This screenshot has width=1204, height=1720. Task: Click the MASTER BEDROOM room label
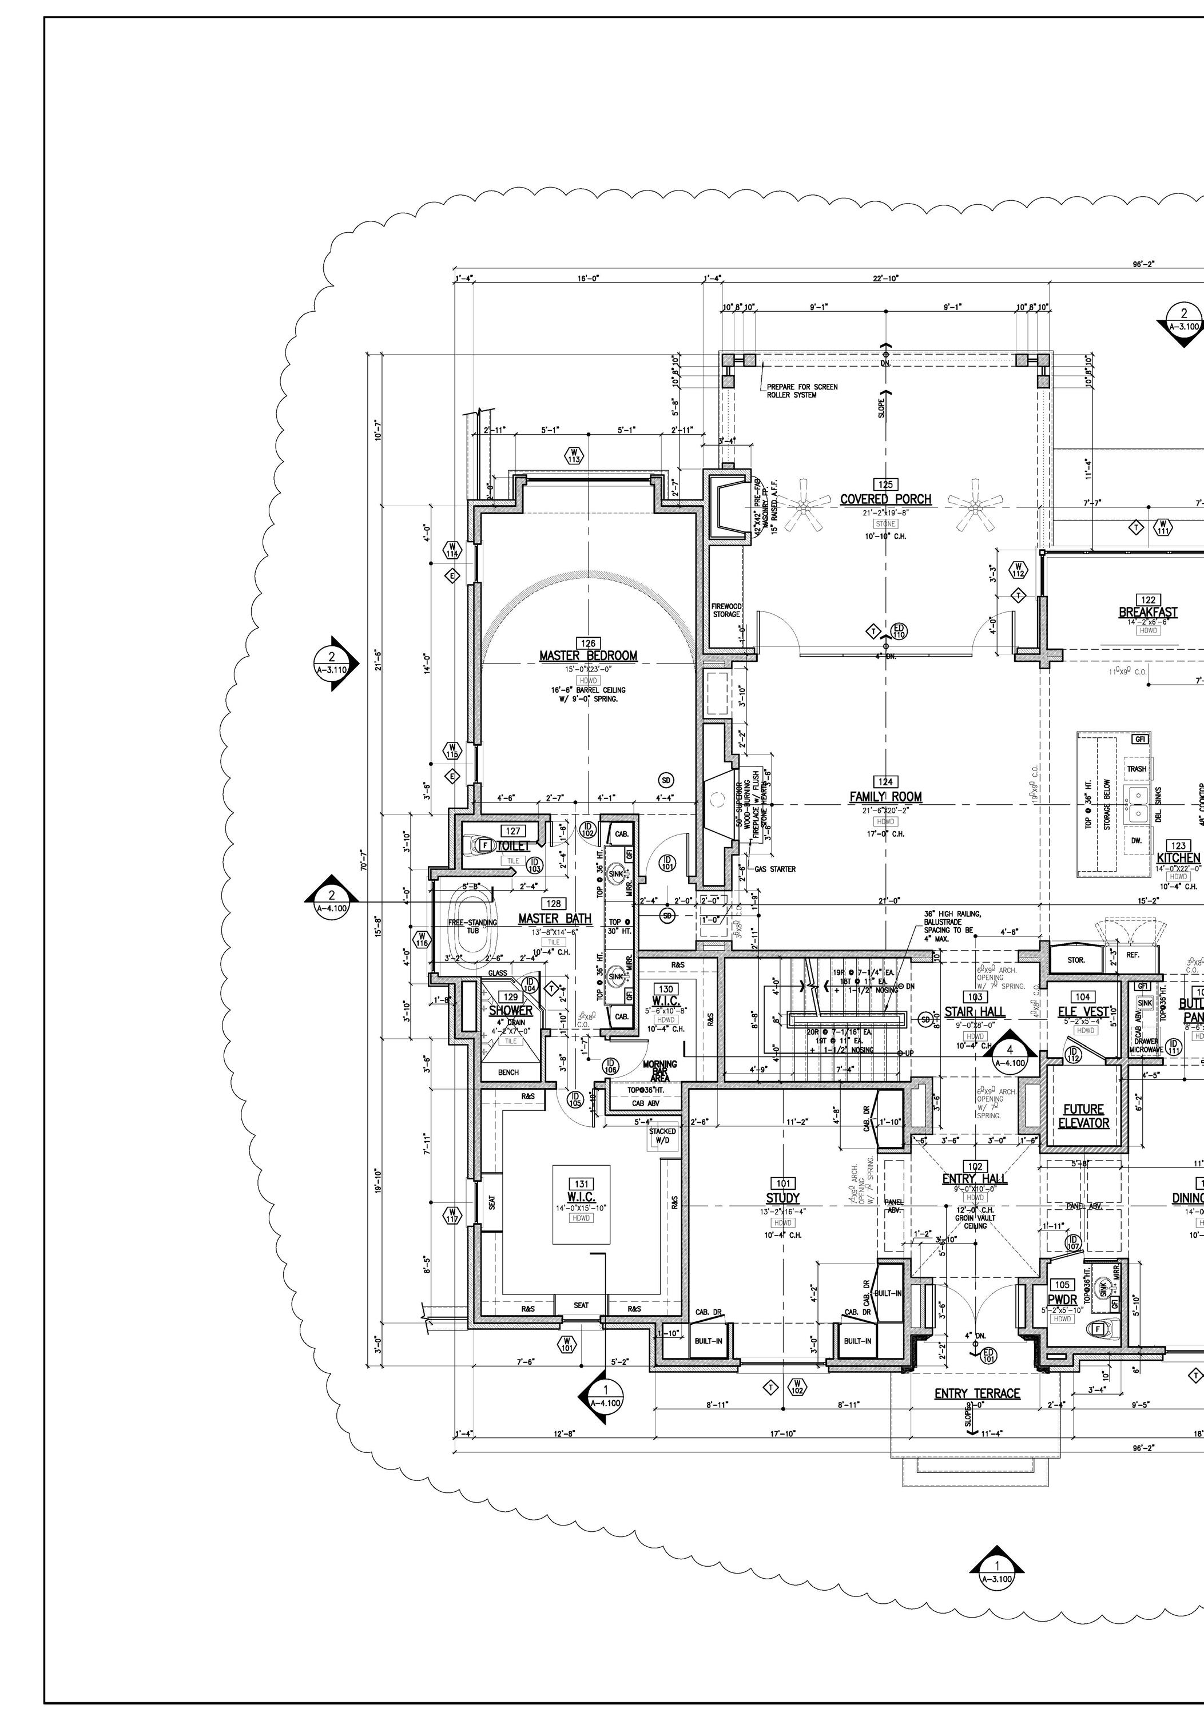click(x=588, y=656)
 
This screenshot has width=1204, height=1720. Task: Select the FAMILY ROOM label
click(x=885, y=797)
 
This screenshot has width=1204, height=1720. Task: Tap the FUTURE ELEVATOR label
click(x=1083, y=1115)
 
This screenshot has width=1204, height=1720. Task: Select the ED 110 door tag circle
click(x=899, y=631)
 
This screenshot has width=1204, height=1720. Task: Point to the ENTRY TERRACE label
click(x=977, y=1393)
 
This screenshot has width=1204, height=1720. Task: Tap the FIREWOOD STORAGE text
click(x=726, y=610)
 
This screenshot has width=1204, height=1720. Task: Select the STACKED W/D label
click(x=662, y=1135)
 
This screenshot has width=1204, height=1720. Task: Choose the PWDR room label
click(x=1062, y=1300)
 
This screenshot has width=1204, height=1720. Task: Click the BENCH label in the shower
click(x=508, y=1072)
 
